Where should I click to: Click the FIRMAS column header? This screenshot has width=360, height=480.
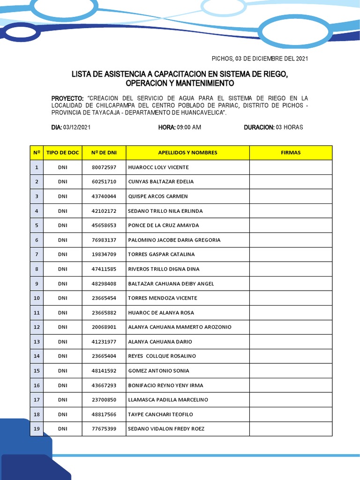(x=291, y=153)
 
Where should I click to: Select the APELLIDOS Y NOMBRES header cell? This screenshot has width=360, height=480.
(x=187, y=153)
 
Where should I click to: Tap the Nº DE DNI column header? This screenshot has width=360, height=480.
(x=104, y=153)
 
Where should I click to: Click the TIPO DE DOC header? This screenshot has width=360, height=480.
(x=63, y=153)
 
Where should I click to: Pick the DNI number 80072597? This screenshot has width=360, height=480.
(x=104, y=167)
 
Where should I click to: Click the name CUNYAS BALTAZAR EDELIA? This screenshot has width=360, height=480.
(x=161, y=182)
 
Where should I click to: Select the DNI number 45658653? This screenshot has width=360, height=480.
(x=104, y=225)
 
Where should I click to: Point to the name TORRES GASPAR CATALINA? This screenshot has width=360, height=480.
(x=161, y=255)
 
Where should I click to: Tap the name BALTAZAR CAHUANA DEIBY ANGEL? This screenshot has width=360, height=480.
(x=171, y=284)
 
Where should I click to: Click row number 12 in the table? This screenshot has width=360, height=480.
(x=37, y=327)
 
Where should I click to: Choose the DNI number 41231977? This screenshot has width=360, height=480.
(x=104, y=342)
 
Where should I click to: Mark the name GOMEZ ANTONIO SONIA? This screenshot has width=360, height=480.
(x=158, y=371)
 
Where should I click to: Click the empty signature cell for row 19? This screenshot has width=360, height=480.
(x=291, y=429)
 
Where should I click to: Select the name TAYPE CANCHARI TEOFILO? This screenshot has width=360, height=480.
(x=160, y=414)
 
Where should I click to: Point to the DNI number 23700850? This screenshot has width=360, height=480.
(x=104, y=400)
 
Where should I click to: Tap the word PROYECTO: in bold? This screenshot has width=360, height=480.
(x=67, y=98)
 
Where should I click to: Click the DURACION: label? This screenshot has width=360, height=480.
(x=259, y=127)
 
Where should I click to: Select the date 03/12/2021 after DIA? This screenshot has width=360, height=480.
(x=77, y=127)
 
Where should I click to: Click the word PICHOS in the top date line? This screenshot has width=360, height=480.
(x=222, y=59)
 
